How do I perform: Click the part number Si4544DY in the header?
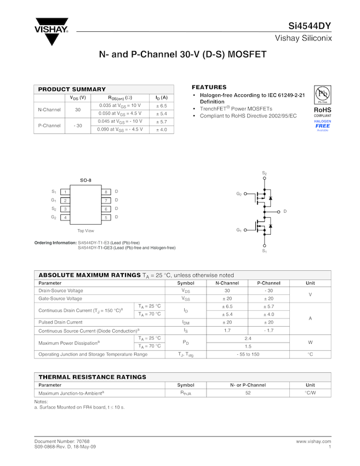[x=310, y=26]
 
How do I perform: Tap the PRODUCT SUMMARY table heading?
[x=72, y=89]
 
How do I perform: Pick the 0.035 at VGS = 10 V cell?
[x=120, y=105]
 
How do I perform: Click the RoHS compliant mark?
[x=322, y=112]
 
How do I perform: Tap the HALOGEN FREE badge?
[x=322, y=124]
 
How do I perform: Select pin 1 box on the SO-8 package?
[x=65, y=192]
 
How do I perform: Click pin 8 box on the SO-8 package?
[x=106, y=192]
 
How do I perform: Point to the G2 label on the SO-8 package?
[x=54, y=218]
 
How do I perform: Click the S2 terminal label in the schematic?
[x=264, y=173]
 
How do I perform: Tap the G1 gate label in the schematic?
[x=239, y=230]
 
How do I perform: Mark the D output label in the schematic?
[x=285, y=212]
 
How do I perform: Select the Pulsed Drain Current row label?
[x=60, y=322]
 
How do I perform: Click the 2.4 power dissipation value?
[x=248, y=338]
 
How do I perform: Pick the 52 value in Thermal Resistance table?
[x=248, y=393]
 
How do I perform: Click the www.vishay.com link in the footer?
[x=313, y=441]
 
